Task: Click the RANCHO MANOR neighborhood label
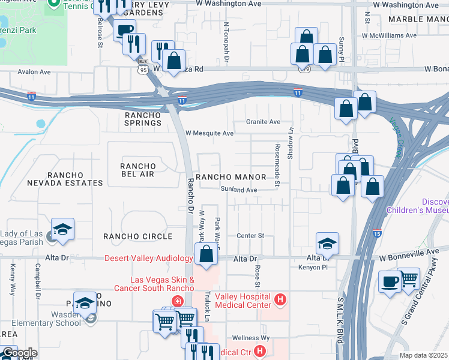(231, 177)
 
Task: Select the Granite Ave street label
(263, 122)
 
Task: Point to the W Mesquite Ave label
(209, 133)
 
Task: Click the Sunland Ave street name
(238, 190)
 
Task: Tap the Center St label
(250, 236)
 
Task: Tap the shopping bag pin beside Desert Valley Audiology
(206, 253)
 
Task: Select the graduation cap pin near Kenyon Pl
(327, 243)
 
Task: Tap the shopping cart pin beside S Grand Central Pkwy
(409, 277)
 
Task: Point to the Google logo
(19, 353)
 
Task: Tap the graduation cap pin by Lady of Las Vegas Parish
(62, 229)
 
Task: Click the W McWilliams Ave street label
(388, 35)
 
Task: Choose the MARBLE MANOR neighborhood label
(418, 19)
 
